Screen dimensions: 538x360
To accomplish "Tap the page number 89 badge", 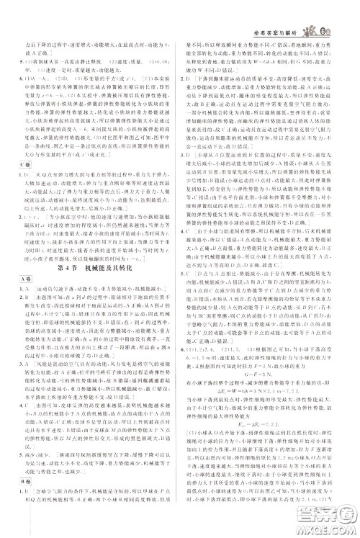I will (x=345, y=9).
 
